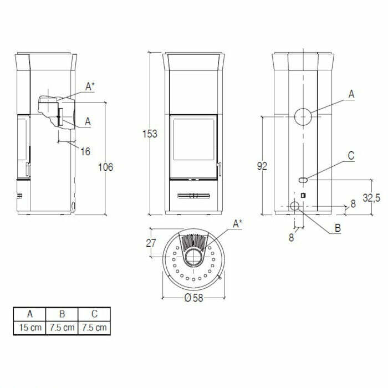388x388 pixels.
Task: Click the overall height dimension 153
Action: tap(150, 134)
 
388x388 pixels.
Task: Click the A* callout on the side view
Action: tap(90, 86)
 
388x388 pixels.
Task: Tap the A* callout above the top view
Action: tap(237, 223)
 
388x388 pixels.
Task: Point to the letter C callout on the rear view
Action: tap(351, 156)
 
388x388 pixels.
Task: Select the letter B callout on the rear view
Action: tap(337, 227)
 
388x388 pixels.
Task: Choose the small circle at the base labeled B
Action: tap(295, 207)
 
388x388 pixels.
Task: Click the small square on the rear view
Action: tap(303, 195)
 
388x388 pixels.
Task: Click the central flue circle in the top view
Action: tap(194, 257)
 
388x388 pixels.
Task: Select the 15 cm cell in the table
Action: tap(30, 328)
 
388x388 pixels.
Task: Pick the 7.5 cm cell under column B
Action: tap(62, 328)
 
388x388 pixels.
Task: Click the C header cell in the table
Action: tap(94, 314)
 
